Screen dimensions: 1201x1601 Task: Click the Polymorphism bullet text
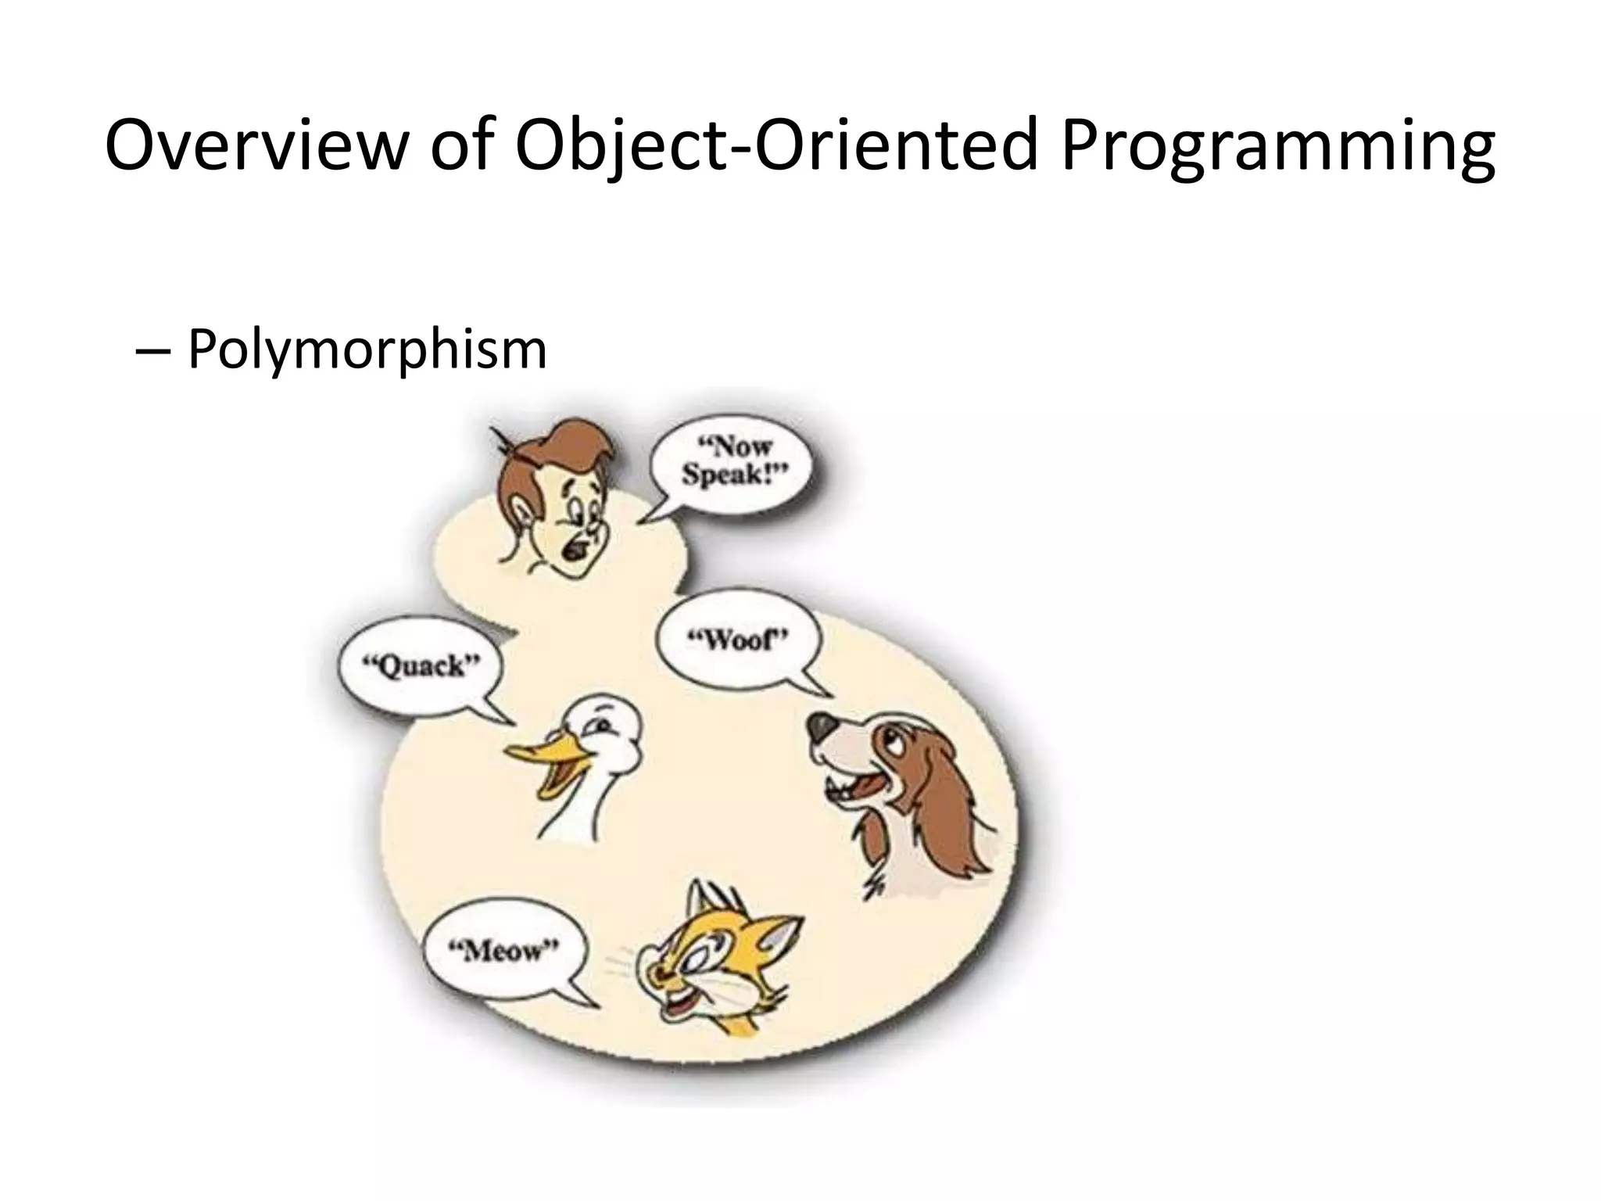point(367,349)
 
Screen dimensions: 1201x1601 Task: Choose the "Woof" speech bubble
point(737,642)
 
